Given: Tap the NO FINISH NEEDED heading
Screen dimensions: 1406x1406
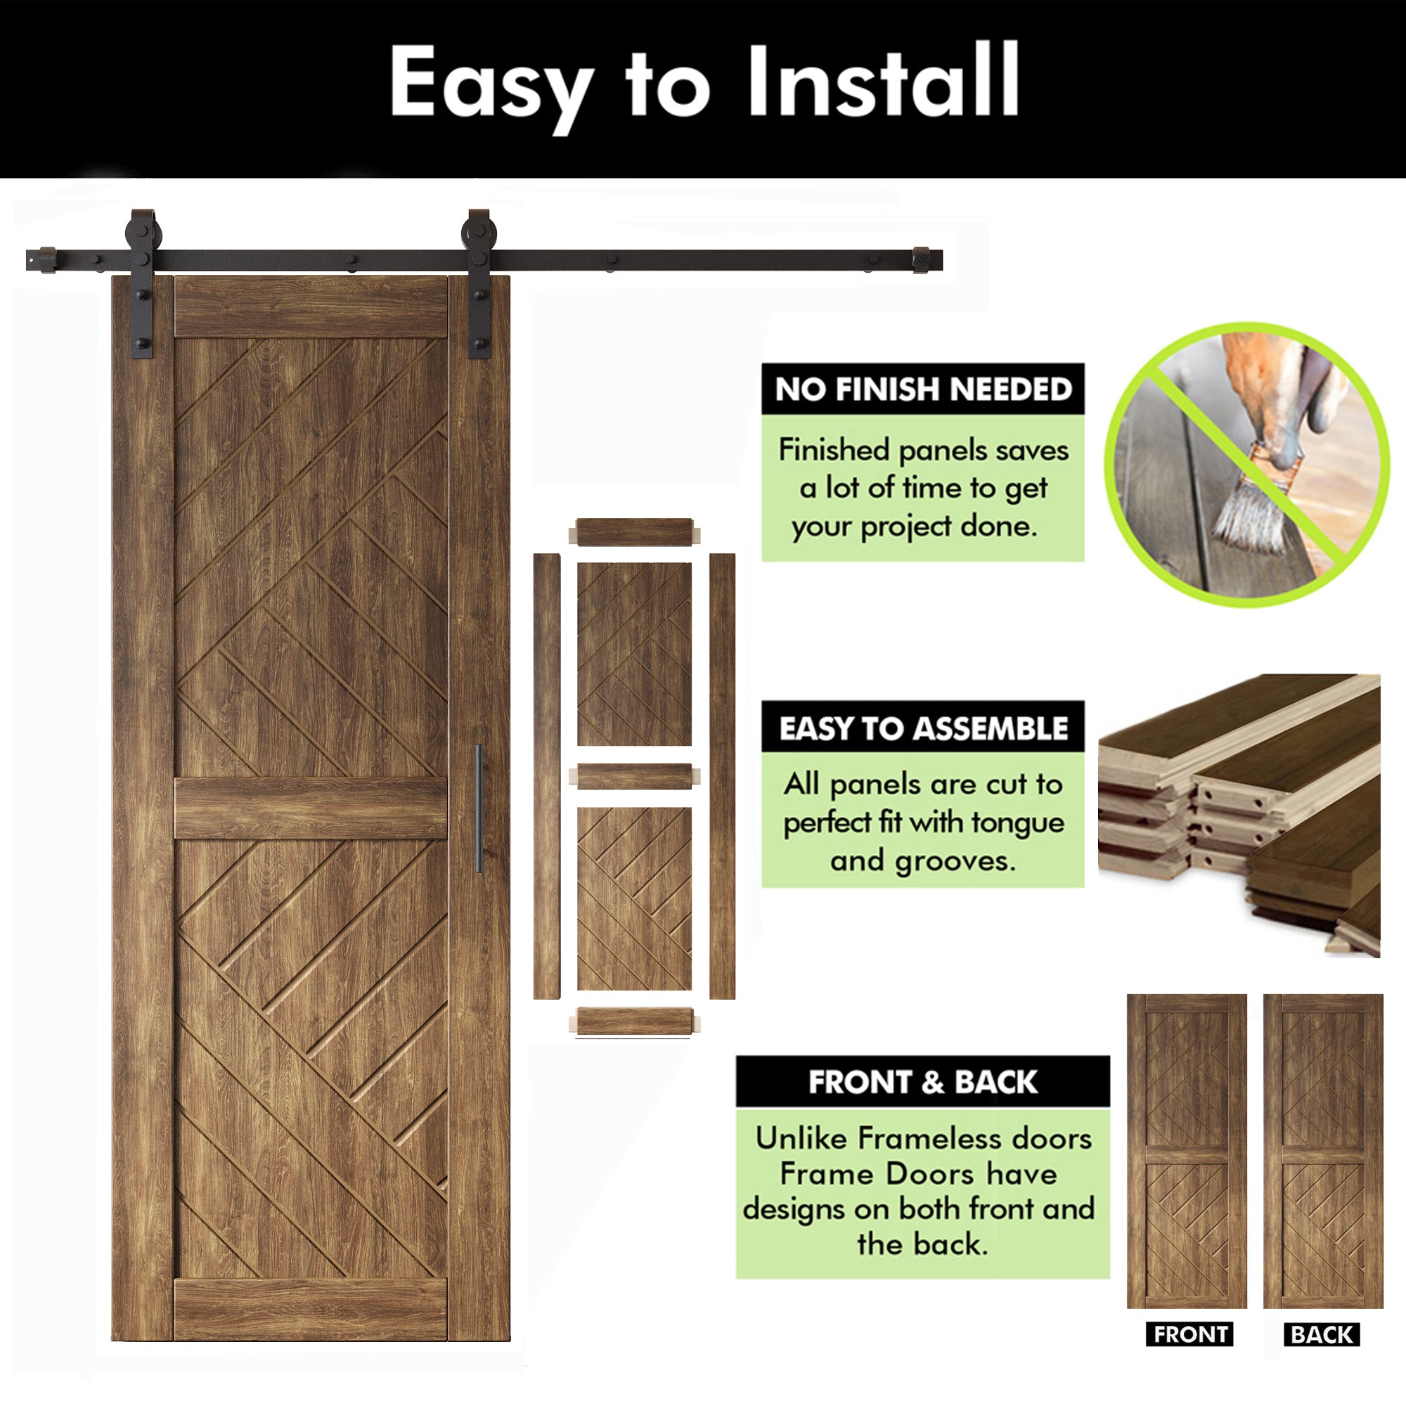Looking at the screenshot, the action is (x=923, y=389).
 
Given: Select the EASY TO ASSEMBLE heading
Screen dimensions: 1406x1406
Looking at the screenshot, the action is (x=923, y=728).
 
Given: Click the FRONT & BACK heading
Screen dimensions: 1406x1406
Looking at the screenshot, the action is (x=923, y=1082).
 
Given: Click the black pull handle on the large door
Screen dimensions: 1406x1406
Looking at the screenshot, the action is (x=479, y=808).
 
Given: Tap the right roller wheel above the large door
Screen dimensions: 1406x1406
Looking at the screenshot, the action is (x=479, y=232).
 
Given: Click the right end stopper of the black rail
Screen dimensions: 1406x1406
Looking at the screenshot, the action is (x=923, y=260).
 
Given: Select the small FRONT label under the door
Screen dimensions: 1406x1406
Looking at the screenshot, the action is (x=1189, y=1355).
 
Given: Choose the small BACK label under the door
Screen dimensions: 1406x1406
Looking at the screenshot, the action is (x=1322, y=1355).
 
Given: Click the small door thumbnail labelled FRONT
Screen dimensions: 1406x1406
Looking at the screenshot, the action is (x=1187, y=1151).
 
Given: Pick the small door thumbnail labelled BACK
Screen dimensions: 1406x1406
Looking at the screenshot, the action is (x=1323, y=1151).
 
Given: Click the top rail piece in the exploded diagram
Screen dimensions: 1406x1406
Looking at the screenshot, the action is (x=635, y=532).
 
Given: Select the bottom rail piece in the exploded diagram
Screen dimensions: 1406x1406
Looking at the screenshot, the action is (x=635, y=1020).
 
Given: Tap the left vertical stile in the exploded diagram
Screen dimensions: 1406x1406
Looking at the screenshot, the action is (x=546, y=776).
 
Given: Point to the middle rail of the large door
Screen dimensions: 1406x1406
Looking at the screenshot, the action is (x=311, y=808).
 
